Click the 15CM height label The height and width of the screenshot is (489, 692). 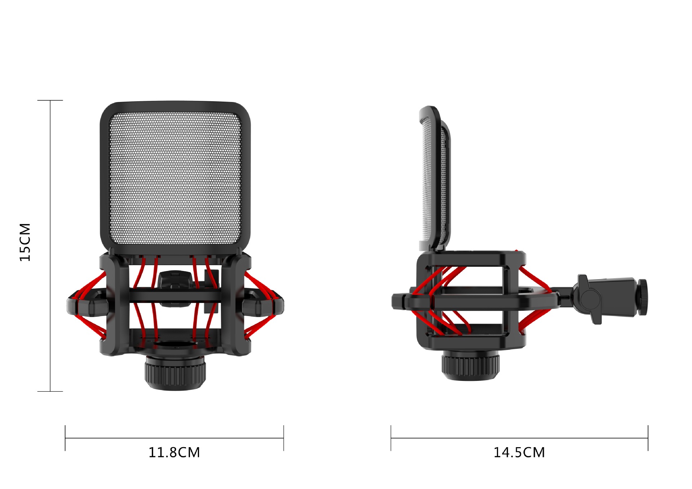tap(25, 242)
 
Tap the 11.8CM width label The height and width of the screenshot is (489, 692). tap(174, 452)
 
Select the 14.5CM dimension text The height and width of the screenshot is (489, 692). tap(519, 452)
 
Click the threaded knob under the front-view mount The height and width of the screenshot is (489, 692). tap(176, 373)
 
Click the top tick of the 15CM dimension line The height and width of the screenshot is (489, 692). tap(50, 100)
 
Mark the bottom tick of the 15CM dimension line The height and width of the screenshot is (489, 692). tap(50, 391)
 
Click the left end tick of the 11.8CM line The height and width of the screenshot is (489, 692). tap(65, 438)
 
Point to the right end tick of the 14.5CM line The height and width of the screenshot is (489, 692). tap(648, 438)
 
